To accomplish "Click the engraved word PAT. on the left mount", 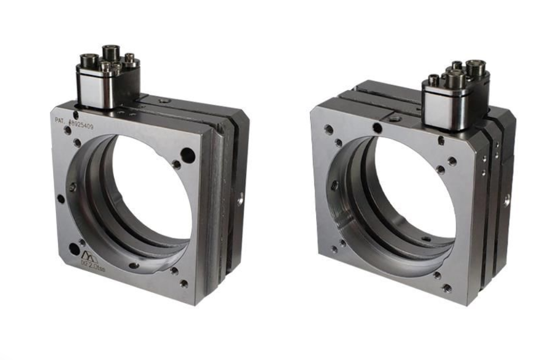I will [x=60, y=121].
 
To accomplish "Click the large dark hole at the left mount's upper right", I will [x=188, y=155].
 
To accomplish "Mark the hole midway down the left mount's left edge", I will [x=61, y=199].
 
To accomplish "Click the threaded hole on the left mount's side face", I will [x=241, y=199].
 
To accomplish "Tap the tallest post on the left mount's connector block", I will [x=111, y=53].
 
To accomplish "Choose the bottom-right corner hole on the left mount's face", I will [x=184, y=283].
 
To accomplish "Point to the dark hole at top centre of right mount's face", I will [x=377, y=128].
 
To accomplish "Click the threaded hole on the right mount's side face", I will [x=507, y=200].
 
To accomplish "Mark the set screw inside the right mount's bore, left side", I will [x=334, y=186].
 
